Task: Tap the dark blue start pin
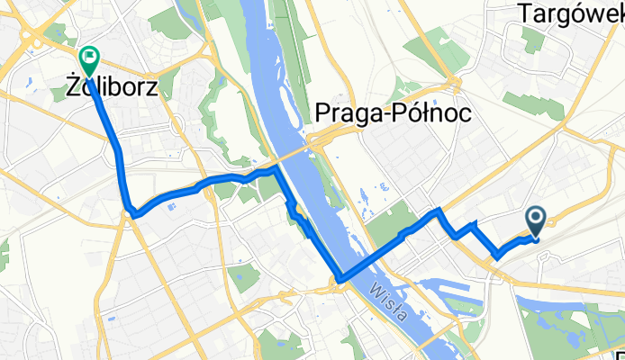click(x=535, y=220)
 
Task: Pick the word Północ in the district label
click(x=436, y=111)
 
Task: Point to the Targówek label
click(x=571, y=13)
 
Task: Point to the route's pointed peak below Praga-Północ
click(x=439, y=210)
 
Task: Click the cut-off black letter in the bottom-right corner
click(x=620, y=352)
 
